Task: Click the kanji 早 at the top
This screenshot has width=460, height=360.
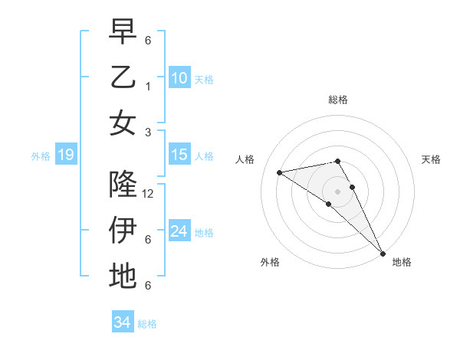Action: tap(123, 32)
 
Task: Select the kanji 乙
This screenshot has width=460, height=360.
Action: tap(123, 77)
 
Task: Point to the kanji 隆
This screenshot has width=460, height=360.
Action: tap(123, 185)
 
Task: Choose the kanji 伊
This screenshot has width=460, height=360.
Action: tap(123, 231)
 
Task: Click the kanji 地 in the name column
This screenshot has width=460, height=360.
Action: tap(123, 276)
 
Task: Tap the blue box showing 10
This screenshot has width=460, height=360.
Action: tap(179, 77)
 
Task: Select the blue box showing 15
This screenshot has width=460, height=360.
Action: tap(179, 155)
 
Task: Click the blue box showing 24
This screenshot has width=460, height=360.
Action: tap(179, 231)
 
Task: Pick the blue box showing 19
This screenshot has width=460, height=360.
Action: tap(65, 155)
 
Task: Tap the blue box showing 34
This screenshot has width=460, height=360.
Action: tap(122, 322)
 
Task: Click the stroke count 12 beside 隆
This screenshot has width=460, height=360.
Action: tap(149, 194)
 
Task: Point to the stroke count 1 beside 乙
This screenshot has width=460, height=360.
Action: tap(147, 87)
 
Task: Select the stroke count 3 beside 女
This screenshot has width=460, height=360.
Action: tap(147, 132)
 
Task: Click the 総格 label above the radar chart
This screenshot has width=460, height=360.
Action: tap(338, 100)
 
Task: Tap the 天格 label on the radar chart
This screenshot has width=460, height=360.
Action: tap(431, 159)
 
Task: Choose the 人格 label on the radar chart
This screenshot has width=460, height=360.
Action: tap(245, 159)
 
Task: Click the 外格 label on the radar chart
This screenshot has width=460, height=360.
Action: tap(270, 262)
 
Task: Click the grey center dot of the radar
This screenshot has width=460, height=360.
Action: tap(338, 191)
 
